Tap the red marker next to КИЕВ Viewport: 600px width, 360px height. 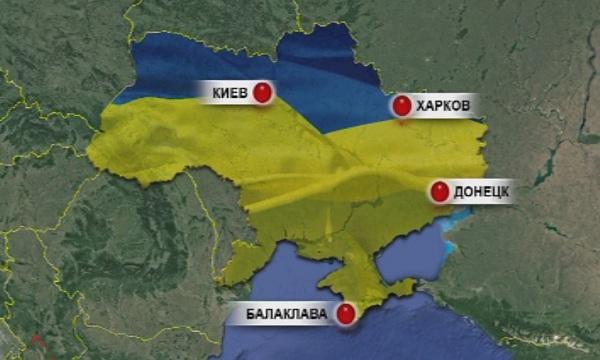(x=263, y=93)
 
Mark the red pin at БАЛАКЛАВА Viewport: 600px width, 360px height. (x=346, y=314)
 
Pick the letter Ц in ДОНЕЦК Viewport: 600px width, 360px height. (x=496, y=190)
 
